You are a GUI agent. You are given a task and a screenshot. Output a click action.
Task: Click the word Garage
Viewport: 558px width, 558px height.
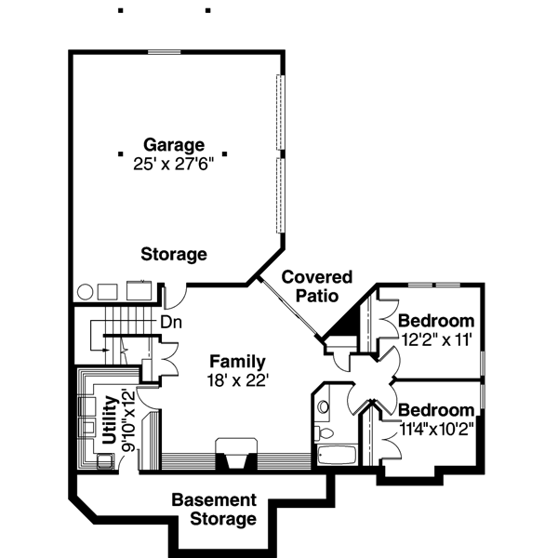[174, 145]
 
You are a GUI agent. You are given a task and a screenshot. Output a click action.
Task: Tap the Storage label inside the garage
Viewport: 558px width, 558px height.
[174, 254]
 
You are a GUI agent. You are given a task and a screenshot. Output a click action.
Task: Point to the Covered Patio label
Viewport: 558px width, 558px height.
[317, 286]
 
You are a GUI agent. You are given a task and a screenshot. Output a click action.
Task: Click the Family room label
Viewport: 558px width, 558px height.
[237, 362]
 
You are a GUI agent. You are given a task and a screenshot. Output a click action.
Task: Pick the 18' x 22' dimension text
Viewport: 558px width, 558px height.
[237, 379]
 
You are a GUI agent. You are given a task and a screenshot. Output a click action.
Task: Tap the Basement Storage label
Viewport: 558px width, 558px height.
[214, 510]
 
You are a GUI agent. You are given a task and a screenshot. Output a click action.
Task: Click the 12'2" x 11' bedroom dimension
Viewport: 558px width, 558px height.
[436, 339]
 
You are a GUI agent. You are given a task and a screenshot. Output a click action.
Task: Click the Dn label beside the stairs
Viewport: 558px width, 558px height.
[171, 323]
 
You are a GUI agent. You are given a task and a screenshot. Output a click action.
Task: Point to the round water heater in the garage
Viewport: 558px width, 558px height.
[86, 290]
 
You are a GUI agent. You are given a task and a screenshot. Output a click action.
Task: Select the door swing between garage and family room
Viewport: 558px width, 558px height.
[173, 297]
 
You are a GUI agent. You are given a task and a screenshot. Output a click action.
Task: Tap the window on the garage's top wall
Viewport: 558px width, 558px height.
[164, 52]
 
